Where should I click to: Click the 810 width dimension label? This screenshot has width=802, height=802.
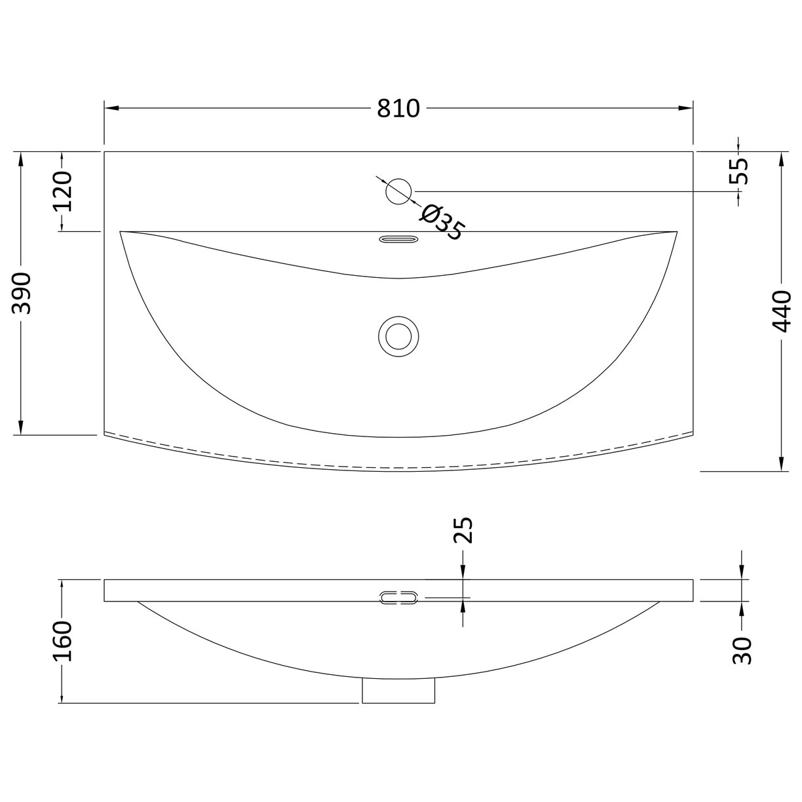pyautogui.click(x=398, y=108)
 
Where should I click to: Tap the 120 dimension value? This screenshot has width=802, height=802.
pyautogui.click(x=62, y=191)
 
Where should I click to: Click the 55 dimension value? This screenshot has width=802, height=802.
pyautogui.click(x=738, y=171)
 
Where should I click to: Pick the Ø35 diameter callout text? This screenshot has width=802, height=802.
pyautogui.click(x=442, y=223)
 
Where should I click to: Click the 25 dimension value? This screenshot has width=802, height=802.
pyautogui.click(x=463, y=531)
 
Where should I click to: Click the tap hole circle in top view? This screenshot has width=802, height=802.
pyautogui.click(x=398, y=191)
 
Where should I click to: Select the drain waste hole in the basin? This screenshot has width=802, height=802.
pyautogui.click(x=398, y=336)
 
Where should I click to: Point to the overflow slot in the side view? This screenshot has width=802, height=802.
pyautogui.click(x=398, y=597)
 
